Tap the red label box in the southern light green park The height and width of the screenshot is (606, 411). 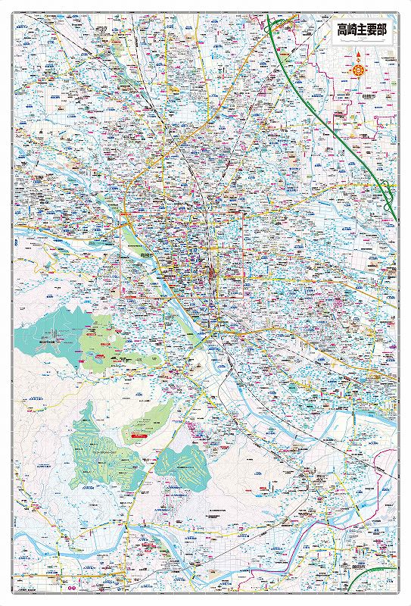pyautogui.click(x=139, y=436)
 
